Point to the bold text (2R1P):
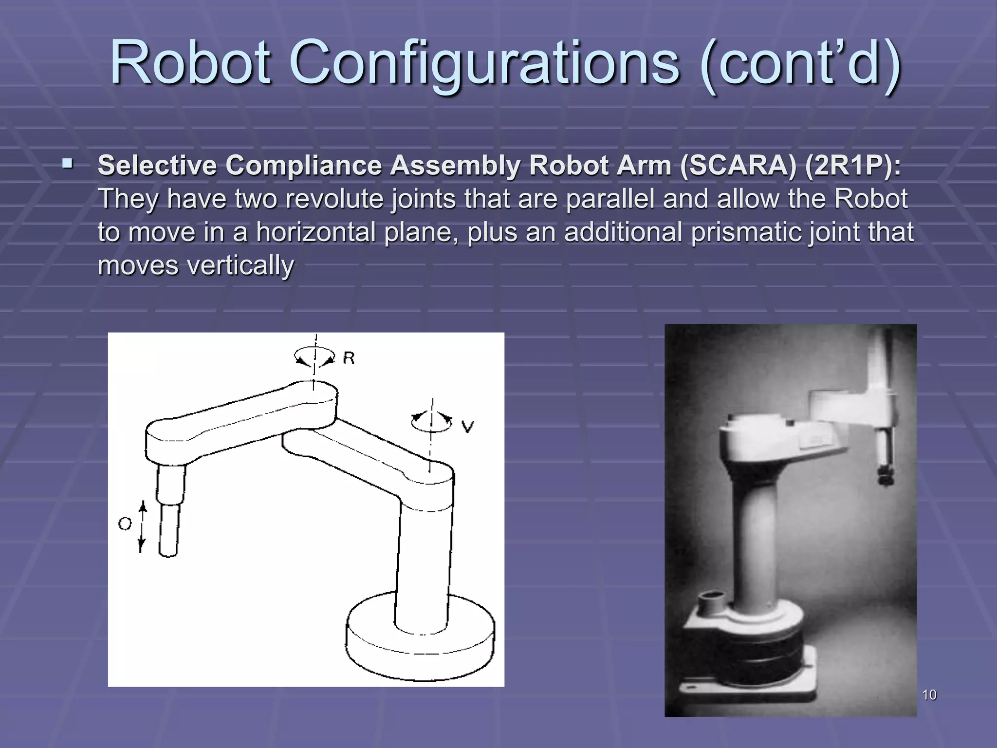coord(852,166)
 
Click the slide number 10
coord(929,695)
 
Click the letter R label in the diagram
coord(349,358)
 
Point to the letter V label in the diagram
coord(467,427)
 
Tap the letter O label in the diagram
coord(125,524)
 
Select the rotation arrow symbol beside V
coord(431,422)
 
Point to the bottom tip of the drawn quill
coord(168,554)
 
